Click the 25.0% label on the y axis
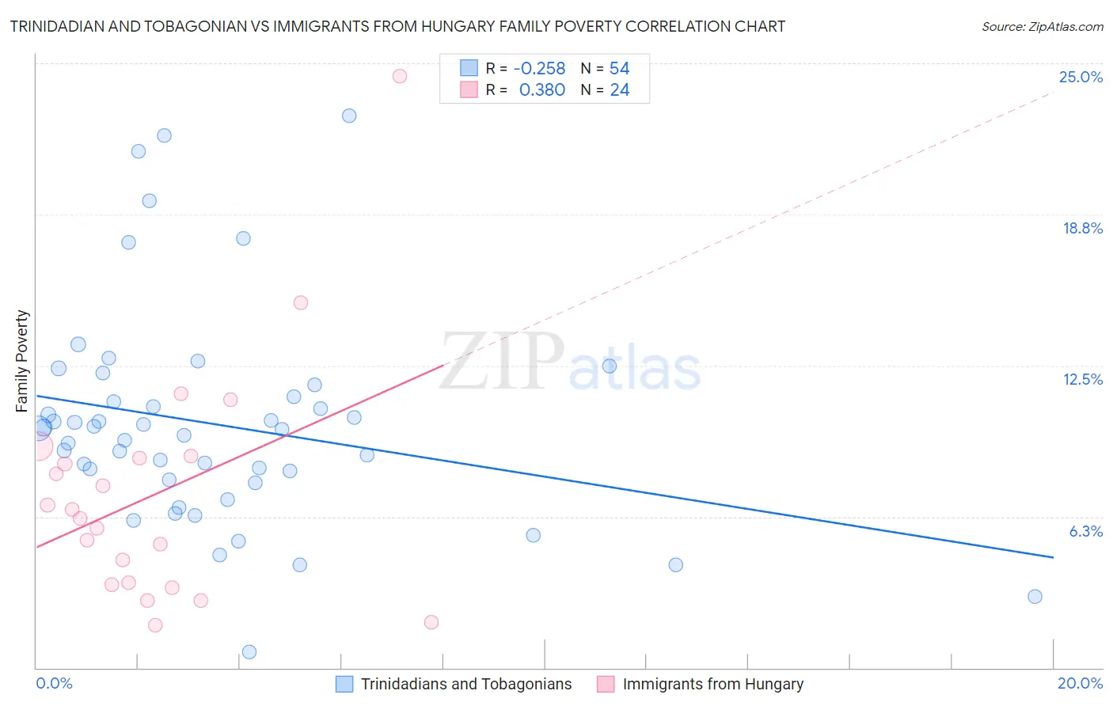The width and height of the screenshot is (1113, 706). pyautogui.click(x=1081, y=77)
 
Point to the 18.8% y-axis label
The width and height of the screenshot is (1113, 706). pyautogui.click(x=1082, y=228)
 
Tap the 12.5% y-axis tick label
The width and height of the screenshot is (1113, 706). pyautogui.click(x=1082, y=379)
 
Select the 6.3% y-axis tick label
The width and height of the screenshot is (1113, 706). pyautogui.click(x=1085, y=531)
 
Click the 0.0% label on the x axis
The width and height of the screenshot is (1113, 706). pyautogui.click(x=54, y=683)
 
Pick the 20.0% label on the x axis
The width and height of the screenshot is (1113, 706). pyautogui.click(x=1080, y=683)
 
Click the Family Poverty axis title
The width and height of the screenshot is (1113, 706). pyautogui.click(x=22, y=361)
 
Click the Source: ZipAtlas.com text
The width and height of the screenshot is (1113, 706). pyautogui.click(x=1042, y=26)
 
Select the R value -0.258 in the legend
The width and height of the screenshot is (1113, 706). pyautogui.click(x=539, y=68)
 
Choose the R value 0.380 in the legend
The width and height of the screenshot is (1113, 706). pyautogui.click(x=541, y=89)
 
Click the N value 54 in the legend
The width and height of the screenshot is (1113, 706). pyautogui.click(x=619, y=68)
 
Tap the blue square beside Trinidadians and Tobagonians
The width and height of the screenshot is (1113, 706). pyautogui.click(x=344, y=684)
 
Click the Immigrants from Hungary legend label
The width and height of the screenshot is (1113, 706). pyautogui.click(x=712, y=684)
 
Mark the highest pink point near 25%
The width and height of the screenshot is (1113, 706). pyautogui.click(x=400, y=76)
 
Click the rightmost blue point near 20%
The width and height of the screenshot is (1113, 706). pyautogui.click(x=1035, y=597)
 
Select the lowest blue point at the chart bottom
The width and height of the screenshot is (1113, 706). pyautogui.click(x=249, y=652)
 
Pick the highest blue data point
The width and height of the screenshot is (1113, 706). pyautogui.click(x=349, y=116)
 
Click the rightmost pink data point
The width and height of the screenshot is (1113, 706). pyautogui.click(x=431, y=622)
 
